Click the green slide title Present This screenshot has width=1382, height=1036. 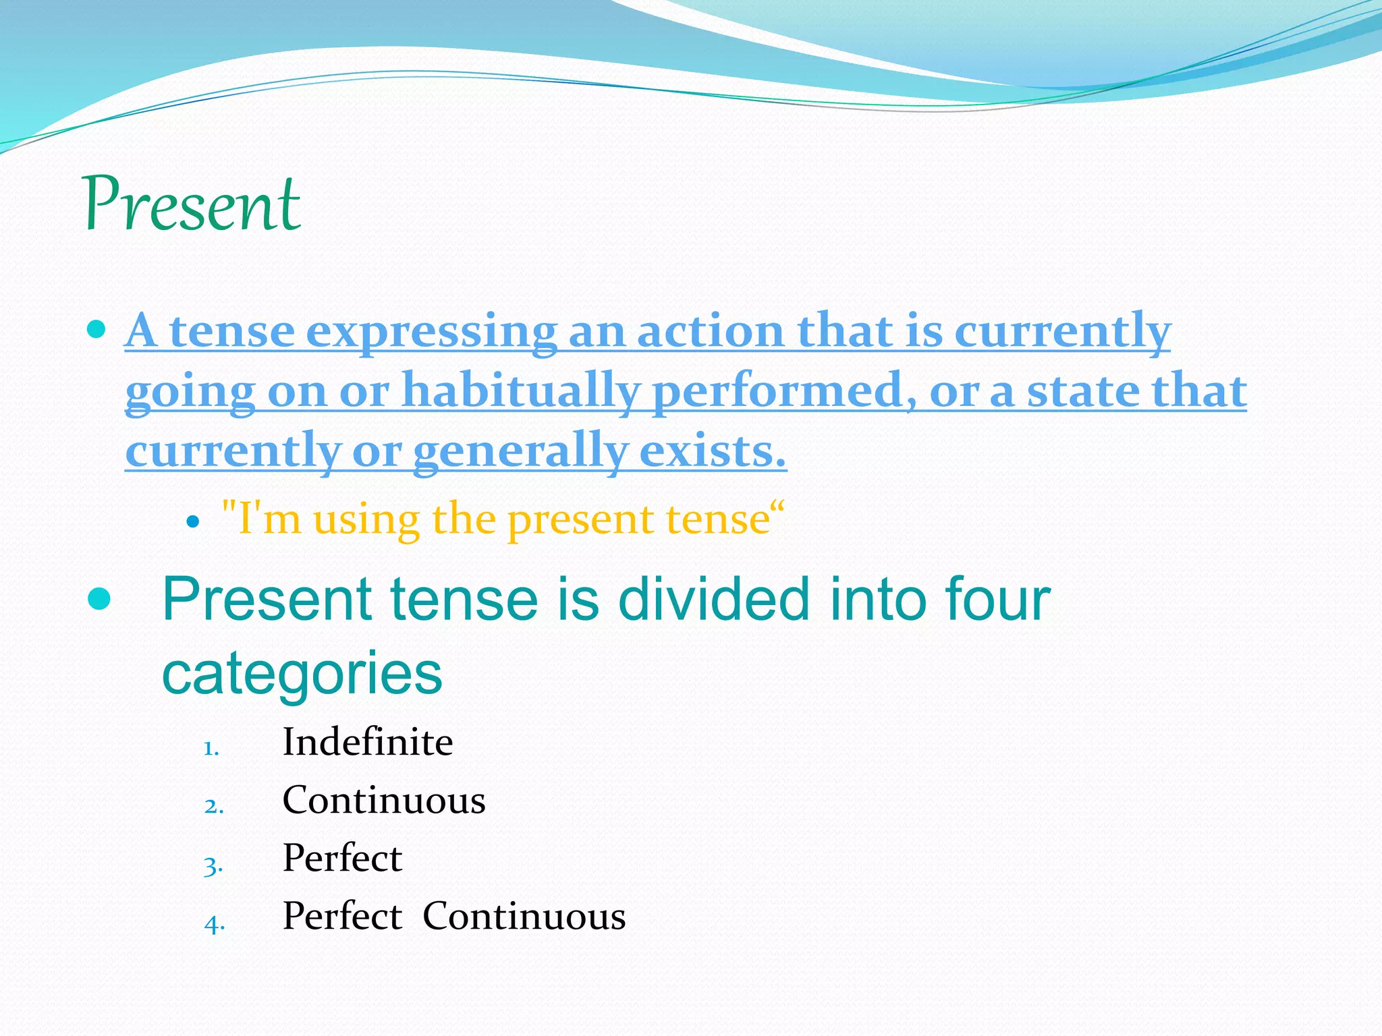click(192, 204)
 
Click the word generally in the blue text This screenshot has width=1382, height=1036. click(520, 451)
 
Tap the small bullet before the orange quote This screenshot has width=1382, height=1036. click(193, 521)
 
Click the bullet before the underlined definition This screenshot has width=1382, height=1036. click(96, 330)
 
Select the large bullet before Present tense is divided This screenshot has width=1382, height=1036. click(99, 599)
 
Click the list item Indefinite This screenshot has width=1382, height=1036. click(367, 742)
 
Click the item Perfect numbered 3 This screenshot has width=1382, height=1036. click(341, 858)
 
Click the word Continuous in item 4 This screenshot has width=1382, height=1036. click(524, 916)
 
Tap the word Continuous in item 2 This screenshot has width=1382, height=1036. click(383, 800)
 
